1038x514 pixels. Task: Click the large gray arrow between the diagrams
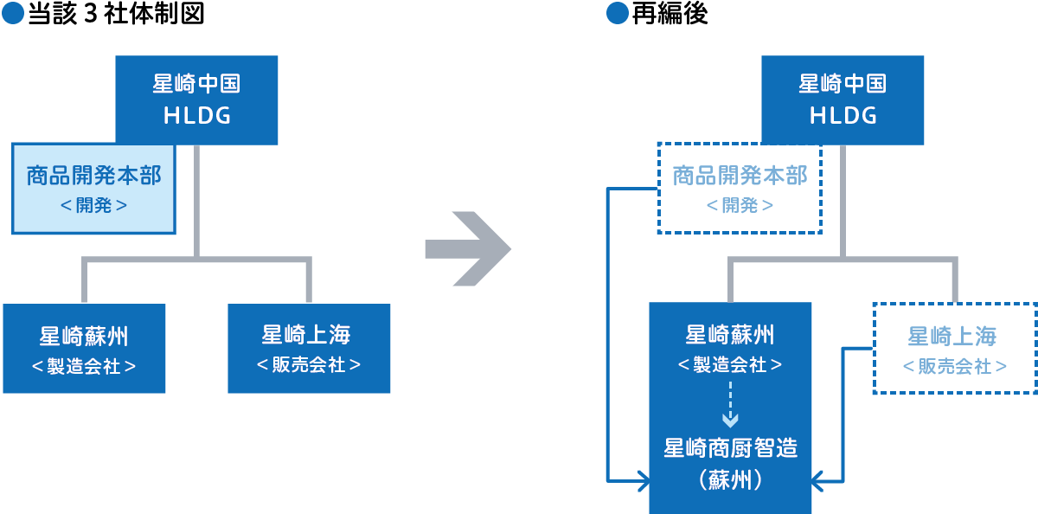click(x=469, y=249)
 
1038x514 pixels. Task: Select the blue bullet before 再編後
click(x=616, y=15)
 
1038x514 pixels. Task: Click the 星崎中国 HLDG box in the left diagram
click(x=196, y=100)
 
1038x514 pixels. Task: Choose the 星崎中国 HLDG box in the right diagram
click(x=843, y=100)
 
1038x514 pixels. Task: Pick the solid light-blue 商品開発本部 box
click(x=93, y=189)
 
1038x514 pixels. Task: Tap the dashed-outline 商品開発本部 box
click(x=740, y=188)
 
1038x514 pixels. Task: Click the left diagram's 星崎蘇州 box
click(x=84, y=349)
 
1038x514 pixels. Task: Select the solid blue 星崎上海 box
click(x=309, y=349)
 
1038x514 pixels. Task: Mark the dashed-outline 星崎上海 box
click(x=954, y=349)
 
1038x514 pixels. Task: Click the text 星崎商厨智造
click(x=730, y=448)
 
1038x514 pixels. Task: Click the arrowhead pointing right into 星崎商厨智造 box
click(x=642, y=479)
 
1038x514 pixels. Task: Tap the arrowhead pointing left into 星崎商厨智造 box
click(x=818, y=479)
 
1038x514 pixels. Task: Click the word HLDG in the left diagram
click(x=196, y=115)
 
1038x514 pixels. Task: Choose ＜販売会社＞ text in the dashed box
click(x=954, y=367)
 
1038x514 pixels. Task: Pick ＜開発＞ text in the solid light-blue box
click(x=93, y=206)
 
